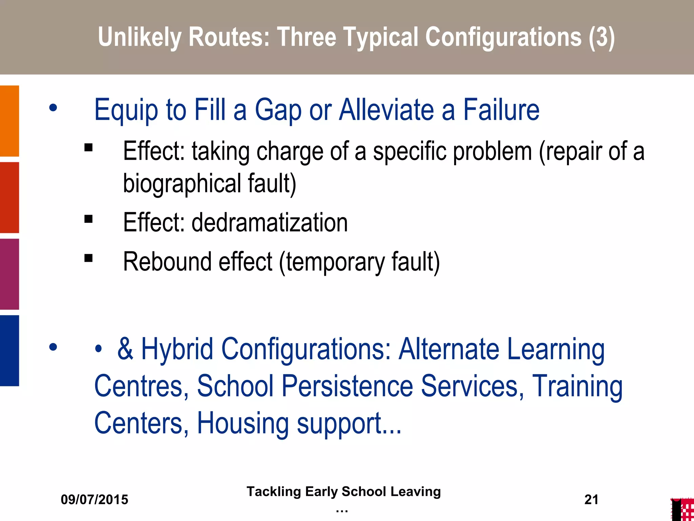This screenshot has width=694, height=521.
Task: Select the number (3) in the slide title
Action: click(601, 37)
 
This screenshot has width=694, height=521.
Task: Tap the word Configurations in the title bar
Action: click(503, 37)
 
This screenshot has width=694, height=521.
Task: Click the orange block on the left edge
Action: click(9, 121)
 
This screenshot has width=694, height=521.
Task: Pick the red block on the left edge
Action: click(9, 197)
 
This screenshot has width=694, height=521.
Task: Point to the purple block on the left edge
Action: click(9, 274)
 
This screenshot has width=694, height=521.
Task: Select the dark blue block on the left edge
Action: click(9, 350)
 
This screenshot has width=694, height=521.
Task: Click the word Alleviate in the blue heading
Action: click(386, 110)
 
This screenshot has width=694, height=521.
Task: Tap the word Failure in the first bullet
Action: click(501, 110)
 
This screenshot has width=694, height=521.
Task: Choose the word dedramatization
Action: click(270, 223)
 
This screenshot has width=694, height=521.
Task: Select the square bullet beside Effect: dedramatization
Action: click(88, 219)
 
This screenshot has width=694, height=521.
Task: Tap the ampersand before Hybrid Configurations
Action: click(125, 349)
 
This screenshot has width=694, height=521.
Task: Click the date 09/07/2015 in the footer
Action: click(95, 500)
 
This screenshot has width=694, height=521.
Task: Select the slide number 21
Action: click(591, 500)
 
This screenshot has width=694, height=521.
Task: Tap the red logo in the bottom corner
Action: click(683, 509)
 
